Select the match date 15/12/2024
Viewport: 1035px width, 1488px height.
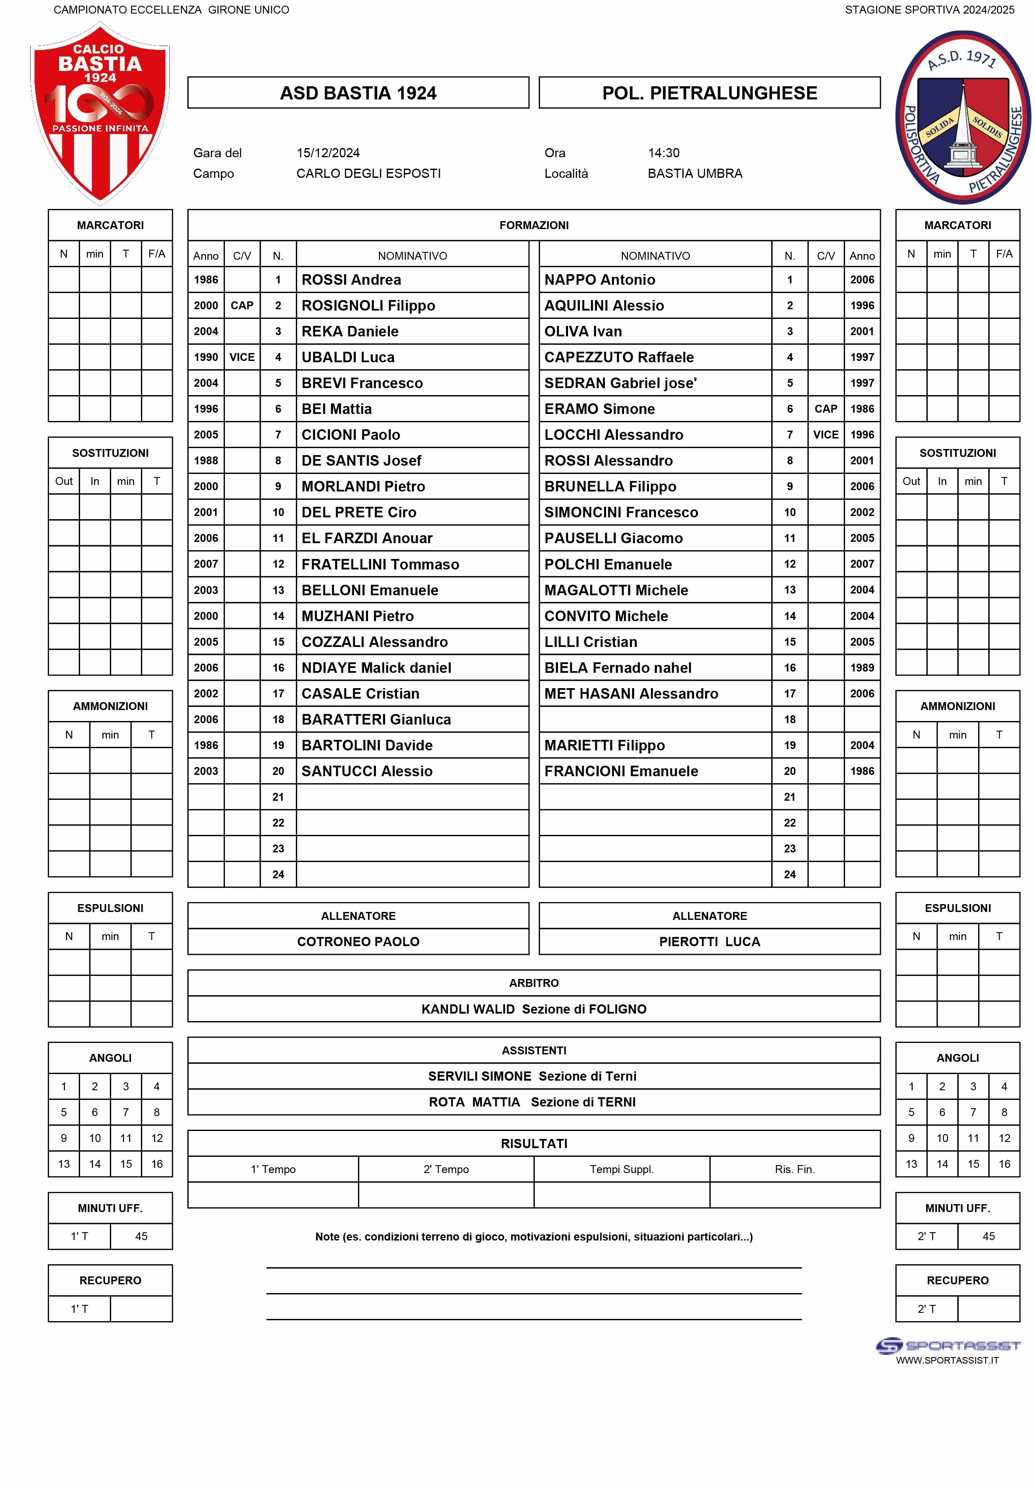coord(328,153)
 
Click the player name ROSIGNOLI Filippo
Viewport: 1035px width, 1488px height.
coord(368,305)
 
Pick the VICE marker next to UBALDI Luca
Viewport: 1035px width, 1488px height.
coord(242,357)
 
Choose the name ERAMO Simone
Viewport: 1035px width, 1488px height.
coord(599,409)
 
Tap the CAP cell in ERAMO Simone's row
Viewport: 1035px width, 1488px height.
coord(825,409)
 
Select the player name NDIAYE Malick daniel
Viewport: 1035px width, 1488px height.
coord(375,668)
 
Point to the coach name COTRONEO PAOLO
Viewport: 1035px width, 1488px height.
coord(358,942)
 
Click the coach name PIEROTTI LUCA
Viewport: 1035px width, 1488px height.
coord(709,942)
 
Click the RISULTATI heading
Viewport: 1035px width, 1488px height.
coord(533,1143)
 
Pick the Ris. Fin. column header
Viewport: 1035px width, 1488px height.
coord(794,1169)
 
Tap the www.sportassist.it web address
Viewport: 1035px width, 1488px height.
coord(946,1361)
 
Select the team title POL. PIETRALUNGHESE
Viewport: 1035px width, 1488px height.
coord(709,93)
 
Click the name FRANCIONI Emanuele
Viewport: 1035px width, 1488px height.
coord(621,771)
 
